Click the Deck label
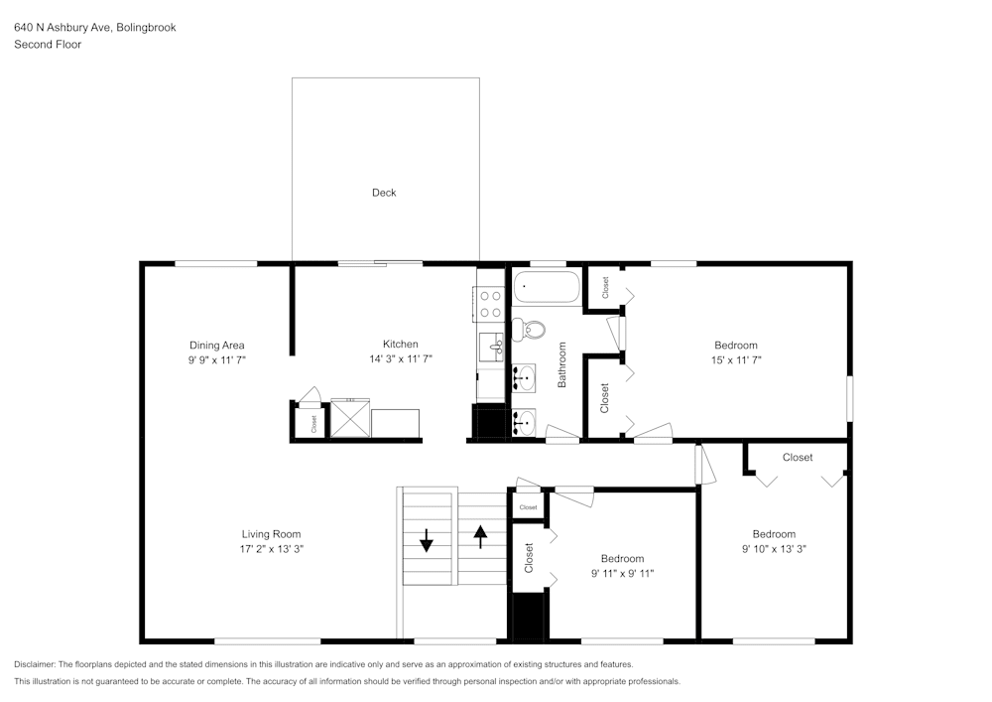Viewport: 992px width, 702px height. point(384,193)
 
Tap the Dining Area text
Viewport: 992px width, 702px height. point(217,346)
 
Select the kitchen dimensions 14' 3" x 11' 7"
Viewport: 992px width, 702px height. point(401,359)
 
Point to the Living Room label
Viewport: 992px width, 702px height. point(271,534)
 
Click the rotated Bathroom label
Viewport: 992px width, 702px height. point(561,364)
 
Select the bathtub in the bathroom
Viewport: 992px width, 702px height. point(547,289)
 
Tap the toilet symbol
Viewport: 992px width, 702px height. point(532,329)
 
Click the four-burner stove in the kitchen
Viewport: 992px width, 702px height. point(490,303)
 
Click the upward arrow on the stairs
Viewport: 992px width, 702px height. point(481,537)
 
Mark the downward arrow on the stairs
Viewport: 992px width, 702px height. point(427,540)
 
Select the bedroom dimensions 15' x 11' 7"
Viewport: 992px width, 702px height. point(735,359)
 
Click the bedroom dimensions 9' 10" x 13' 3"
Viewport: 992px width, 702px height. point(774,548)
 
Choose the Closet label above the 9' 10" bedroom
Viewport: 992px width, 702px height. point(798,458)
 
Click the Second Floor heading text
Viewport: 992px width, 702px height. point(48,45)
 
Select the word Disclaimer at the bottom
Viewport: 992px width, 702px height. point(35,664)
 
